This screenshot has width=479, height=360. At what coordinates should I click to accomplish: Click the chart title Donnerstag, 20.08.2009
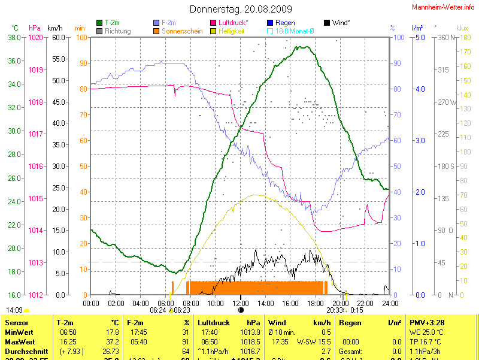[241, 9]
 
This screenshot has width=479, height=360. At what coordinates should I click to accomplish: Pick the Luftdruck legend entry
[233, 23]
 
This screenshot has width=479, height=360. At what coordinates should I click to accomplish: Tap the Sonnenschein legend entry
[181, 31]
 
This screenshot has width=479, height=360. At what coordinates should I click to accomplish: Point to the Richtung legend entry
[117, 31]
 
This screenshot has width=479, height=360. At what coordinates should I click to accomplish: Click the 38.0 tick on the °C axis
[14, 38]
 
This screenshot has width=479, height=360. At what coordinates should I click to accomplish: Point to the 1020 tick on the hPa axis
[36, 38]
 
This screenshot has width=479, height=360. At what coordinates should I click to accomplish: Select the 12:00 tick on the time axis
[240, 303]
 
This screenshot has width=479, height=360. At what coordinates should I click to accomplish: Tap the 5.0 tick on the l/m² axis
[420, 38]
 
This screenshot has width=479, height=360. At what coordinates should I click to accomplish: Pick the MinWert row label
[19, 332]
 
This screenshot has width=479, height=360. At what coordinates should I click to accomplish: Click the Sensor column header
[16, 322]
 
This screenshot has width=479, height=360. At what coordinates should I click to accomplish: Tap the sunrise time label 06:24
[157, 310]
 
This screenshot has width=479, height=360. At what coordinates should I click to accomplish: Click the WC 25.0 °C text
[426, 332]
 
